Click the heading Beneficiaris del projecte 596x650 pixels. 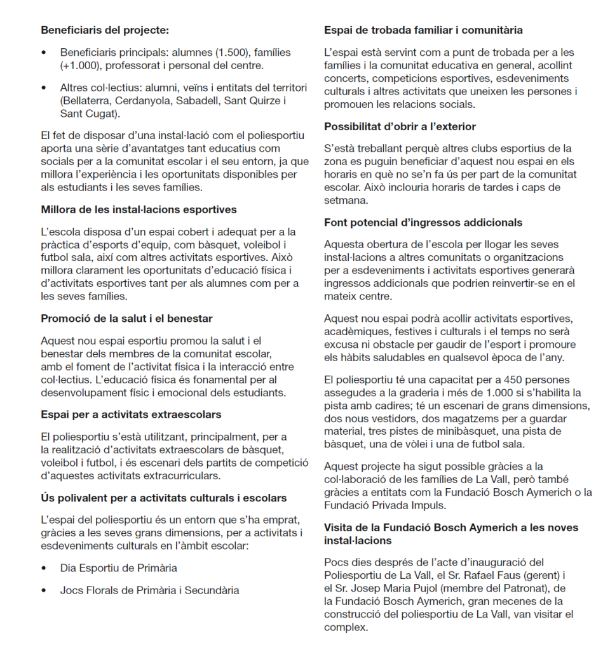point(105,30)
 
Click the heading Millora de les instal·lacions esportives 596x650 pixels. point(139,209)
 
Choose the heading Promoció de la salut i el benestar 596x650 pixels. point(126,318)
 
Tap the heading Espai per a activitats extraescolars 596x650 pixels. point(131,415)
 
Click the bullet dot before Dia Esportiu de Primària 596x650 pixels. point(44,568)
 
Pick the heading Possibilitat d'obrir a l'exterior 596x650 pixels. point(400,126)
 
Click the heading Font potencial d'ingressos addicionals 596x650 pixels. point(423,222)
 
